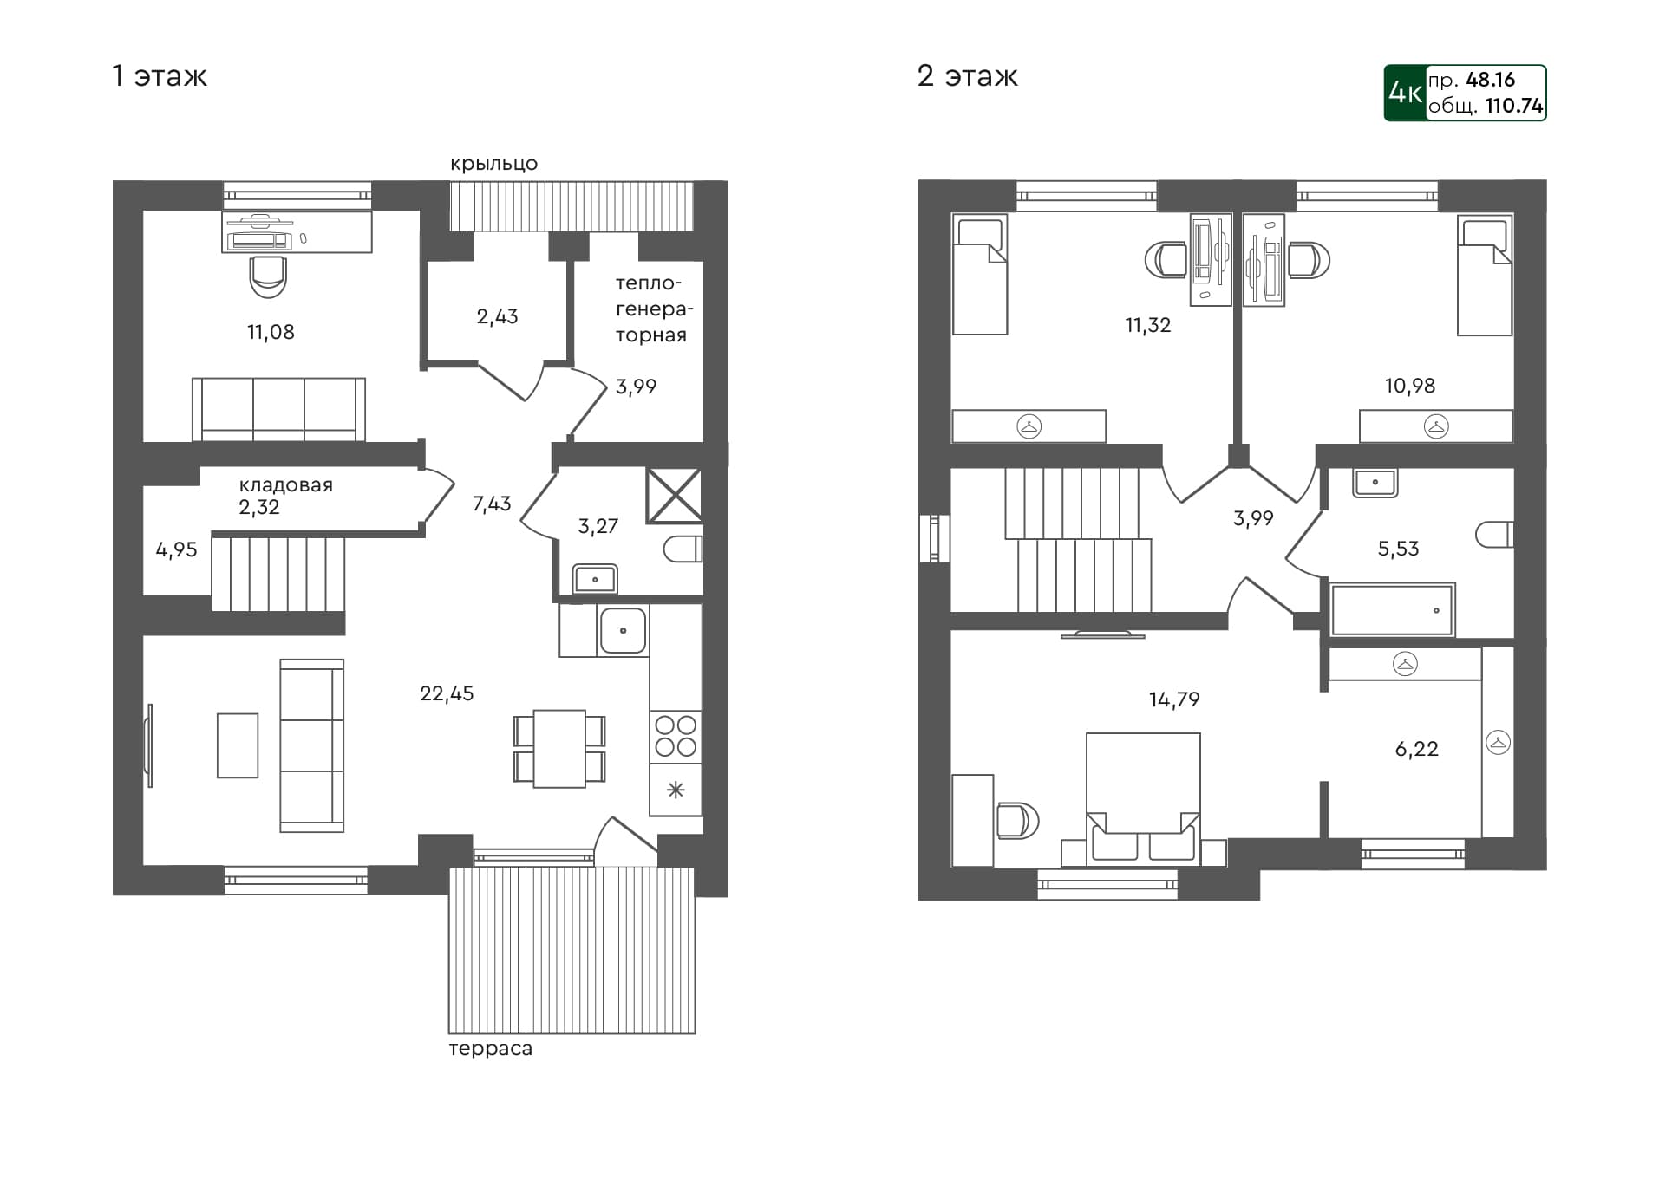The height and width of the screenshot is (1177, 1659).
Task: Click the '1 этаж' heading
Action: (160, 76)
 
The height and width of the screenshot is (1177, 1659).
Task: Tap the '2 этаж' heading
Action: (967, 76)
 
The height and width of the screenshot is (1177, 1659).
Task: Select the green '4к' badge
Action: (1405, 93)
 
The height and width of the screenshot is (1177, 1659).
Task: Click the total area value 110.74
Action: (1513, 106)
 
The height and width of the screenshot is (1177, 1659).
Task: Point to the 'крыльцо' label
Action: (493, 164)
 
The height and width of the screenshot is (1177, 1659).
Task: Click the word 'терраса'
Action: (490, 1049)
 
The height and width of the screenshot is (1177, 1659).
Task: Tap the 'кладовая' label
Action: (285, 485)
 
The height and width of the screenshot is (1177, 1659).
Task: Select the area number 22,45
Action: (447, 693)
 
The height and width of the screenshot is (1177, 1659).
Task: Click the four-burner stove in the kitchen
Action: (676, 736)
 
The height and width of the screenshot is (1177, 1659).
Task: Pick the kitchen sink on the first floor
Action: (623, 630)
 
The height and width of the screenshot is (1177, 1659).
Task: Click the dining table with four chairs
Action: (559, 749)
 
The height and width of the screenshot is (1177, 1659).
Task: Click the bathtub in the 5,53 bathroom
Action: (1392, 610)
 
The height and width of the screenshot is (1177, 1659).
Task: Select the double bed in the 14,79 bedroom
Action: (1143, 797)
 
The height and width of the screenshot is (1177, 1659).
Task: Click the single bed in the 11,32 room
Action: (979, 275)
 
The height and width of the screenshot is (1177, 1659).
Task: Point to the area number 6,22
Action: (1416, 749)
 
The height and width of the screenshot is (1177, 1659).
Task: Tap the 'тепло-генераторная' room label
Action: (652, 309)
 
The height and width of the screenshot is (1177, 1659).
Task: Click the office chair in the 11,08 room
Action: (267, 276)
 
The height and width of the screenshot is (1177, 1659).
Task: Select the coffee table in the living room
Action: (238, 745)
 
